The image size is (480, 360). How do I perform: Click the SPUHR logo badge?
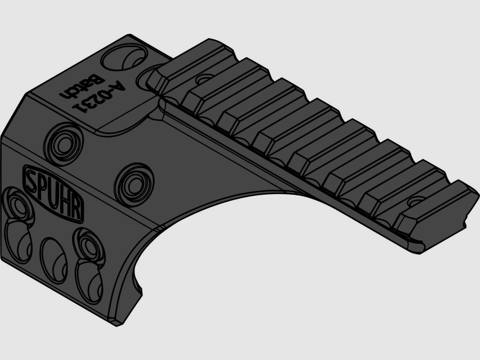coord(53,193)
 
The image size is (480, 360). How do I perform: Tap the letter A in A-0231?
coord(117,86)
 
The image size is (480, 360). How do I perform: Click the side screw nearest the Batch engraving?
coord(63,144)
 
